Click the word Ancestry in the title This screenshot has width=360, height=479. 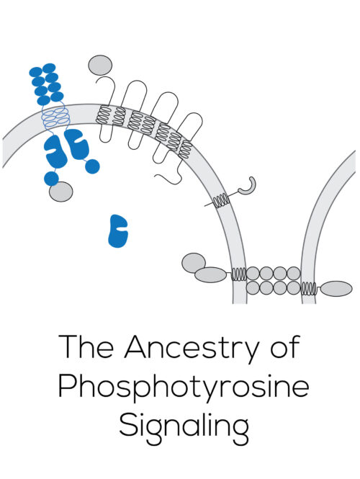(192, 348)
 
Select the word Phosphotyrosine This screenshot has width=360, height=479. (184, 387)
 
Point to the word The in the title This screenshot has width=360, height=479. (86, 346)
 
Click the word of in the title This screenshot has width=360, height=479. (285, 346)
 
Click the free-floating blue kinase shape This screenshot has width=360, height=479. (118, 230)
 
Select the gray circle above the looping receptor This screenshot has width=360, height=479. (100, 65)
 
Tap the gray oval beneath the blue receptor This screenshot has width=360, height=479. (61, 192)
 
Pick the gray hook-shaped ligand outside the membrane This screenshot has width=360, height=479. (248, 187)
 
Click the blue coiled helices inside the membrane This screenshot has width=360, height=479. (55, 117)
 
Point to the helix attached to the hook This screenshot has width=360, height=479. (221, 201)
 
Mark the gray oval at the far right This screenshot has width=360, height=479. (336, 289)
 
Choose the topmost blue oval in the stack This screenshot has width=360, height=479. (49, 68)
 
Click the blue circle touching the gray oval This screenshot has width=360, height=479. (51, 179)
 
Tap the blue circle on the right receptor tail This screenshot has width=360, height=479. (92, 166)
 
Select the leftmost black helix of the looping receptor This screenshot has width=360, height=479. (102, 115)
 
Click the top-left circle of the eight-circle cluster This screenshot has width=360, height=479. (253, 274)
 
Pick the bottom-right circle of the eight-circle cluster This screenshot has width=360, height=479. (294, 288)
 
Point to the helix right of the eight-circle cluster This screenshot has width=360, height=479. (309, 289)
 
